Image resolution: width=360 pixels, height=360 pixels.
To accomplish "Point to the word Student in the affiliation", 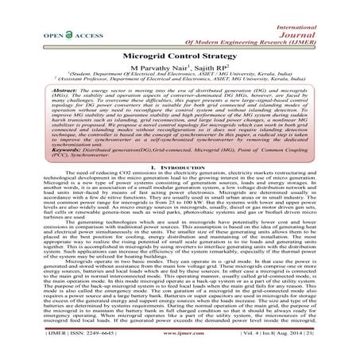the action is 94,79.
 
